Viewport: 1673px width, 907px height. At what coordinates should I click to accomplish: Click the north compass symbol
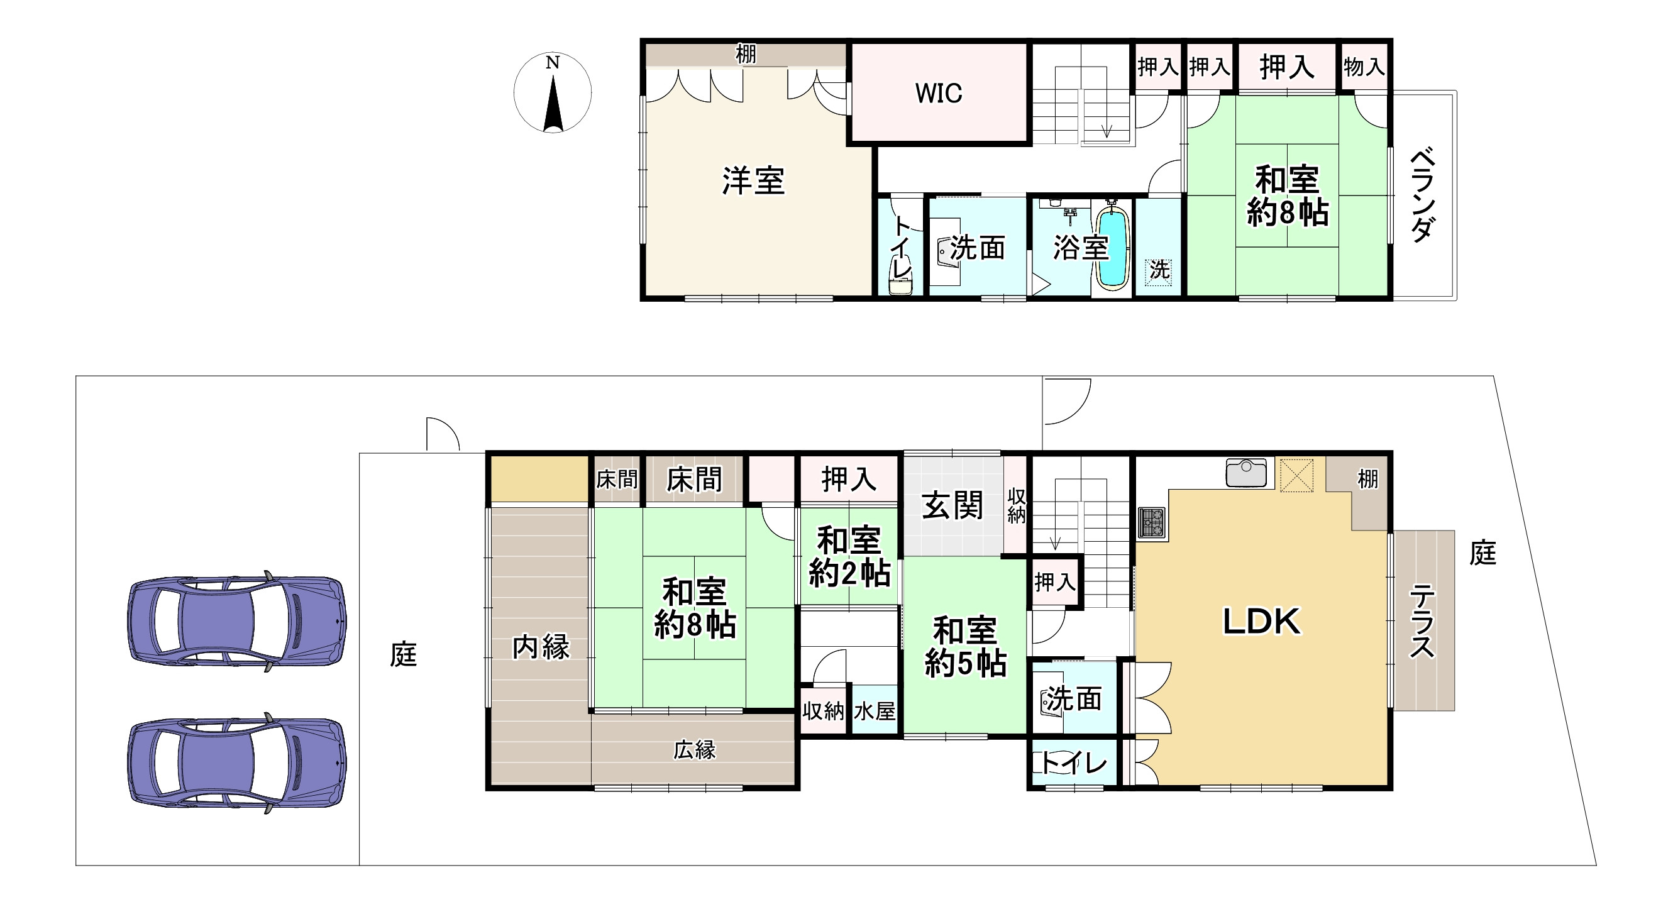pyautogui.click(x=552, y=93)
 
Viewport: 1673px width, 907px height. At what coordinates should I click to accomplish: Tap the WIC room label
pyautogui.click(x=939, y=94)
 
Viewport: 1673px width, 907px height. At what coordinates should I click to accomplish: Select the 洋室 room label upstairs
pyautogui.click(x=753, y=181)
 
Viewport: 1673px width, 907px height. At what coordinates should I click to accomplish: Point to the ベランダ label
pyautogui.click(x=1422, y=195)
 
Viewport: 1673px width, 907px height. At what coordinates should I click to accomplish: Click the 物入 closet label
pyautogui.click(x=1364, y=66)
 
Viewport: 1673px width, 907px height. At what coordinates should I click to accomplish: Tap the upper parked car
pyautogui.click(x=236, y=622)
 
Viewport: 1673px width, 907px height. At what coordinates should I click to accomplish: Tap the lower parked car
pyautogui.click(x=236, y=763)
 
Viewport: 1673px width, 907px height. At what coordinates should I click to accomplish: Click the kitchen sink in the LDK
pyautogui.click(x=1245, y=472)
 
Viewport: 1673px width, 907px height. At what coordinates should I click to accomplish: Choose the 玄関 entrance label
pyautogui.click(x=952, y=505)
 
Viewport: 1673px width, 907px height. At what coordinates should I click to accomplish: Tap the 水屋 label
pyautogui.click(x=875, y=712)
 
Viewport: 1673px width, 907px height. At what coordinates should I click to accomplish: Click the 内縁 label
pyautogui.click(x=540, y=647)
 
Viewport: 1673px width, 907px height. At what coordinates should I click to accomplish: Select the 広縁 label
pyautogui.click(x=694, y=750)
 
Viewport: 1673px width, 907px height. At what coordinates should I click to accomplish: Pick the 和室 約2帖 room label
pyautogui.click(x=849, y=557)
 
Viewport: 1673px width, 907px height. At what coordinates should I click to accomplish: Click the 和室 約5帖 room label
pyautogui.click(x=965, y=647)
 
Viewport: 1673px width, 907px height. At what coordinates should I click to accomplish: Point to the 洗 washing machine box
pyautogui.click(x=1159, y=270)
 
